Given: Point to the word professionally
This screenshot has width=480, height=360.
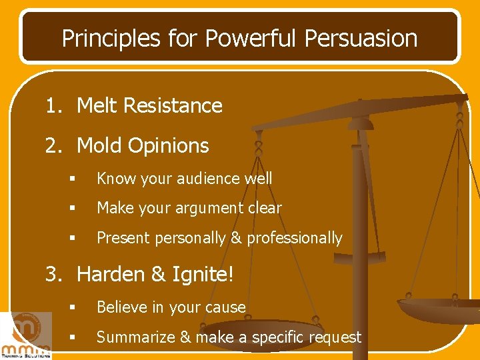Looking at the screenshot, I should [295, 238].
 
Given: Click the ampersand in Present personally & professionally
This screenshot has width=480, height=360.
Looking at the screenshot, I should [235, 238].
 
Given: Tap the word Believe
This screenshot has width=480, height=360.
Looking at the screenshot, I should [121, 307].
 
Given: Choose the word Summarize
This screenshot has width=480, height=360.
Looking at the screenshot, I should [133, 337].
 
